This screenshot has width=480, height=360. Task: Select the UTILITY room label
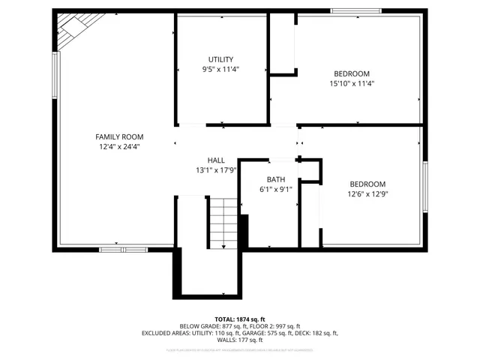click(220, 59)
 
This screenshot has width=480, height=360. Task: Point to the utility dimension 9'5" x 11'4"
click(220, 70)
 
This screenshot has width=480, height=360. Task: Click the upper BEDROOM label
click(351, 73)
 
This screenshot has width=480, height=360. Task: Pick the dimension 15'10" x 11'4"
click(351, 83)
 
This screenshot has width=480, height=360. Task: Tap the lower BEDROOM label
click(367, 184)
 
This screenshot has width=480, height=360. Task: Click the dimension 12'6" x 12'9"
click(367, 193)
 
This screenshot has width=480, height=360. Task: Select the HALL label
click(216, 160)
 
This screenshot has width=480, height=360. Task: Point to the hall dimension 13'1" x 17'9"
click(216, 170)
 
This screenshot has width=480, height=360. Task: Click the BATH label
click(276, 179)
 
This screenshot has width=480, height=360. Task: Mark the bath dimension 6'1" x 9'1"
click(276, 189)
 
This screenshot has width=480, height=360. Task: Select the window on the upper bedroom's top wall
click(355, 10)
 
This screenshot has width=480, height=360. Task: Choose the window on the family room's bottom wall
click(124, 247)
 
